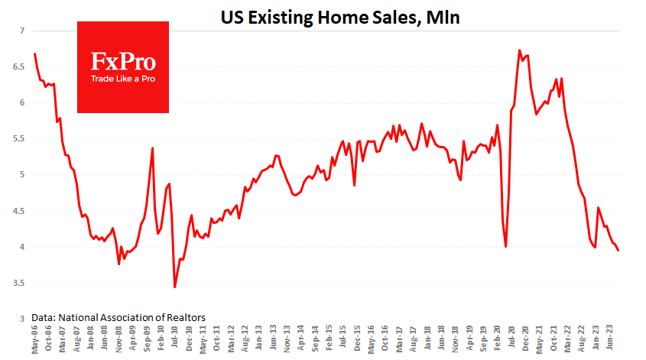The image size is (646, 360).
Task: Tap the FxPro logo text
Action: pyautogui.click(x=123, y=61)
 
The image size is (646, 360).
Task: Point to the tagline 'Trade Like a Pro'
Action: pyautogui.click(x=123, y=78)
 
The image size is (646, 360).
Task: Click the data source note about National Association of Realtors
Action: pyautogui.click(x=118, y=316)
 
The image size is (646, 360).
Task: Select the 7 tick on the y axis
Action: pyautogui.click(x=21, y=31)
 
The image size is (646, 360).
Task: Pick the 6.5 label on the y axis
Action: pyautogui.click(x=18, y=66)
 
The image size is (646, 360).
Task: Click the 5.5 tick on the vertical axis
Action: pyautogui.click(x=18, y=139)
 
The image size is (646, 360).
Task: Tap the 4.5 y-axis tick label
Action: pyautogui.click(x=18, y=211)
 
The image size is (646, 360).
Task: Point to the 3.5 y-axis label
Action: pyautogui.click(x=18, y=284)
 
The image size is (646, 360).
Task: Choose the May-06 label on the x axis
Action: pyautogui.click(x=35, y=339)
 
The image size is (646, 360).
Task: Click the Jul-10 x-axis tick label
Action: pyautogui.click(x=175, y=339)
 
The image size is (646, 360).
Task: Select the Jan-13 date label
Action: pyautogui.click(x=260, y=339)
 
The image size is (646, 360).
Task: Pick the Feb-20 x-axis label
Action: pyautogui.click(x=498, y=339)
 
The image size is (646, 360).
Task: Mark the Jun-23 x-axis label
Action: pyautogui.click(x=609, y=339)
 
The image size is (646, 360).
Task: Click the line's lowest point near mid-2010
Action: pyautogui.click(x=175, y=287)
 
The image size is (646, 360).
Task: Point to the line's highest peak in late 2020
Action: pyautogui.click(x=520, y=50)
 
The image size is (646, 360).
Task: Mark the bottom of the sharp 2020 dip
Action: pyautogui.click(x=506, y=246)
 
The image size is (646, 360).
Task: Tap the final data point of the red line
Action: pyautogui.click(x=618, y=251)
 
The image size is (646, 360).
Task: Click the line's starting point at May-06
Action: pyautogui.click(x=35, y=54)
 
